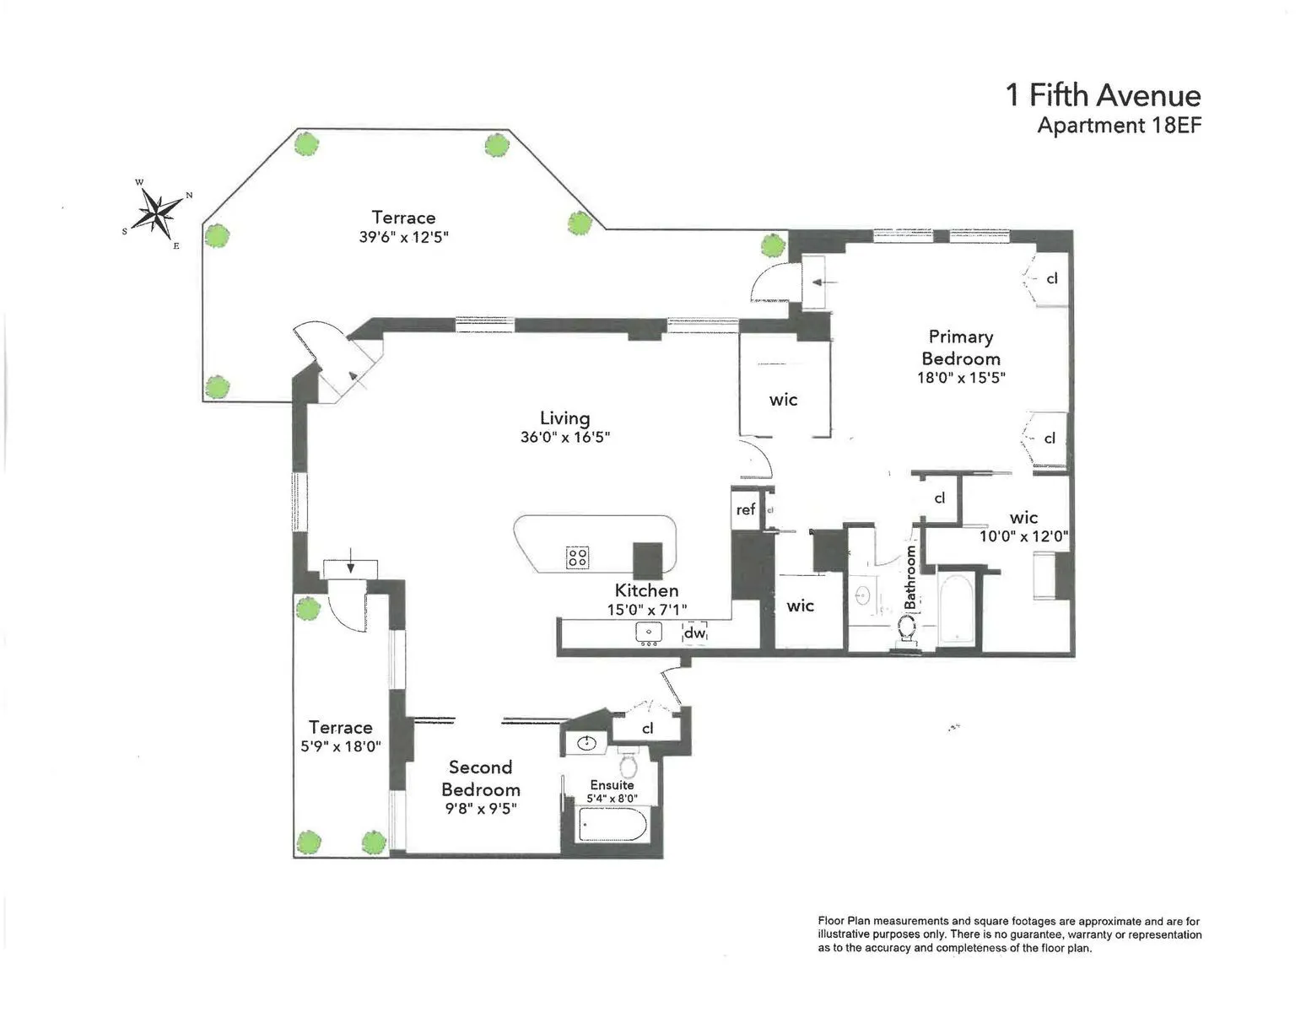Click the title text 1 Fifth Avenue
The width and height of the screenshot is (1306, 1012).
pos(1103,95)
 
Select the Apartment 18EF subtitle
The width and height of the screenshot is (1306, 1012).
pos(1119,126)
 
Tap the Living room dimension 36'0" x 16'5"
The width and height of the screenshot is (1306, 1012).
pos(564,438)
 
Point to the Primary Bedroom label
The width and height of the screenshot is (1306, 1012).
pos(961,347)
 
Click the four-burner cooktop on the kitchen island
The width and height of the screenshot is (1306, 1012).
pos(577,557)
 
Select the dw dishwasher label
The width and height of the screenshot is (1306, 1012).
pos(694,632)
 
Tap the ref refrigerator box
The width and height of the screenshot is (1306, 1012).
pos(746,509)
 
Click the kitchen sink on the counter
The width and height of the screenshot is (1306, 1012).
pos(649,632)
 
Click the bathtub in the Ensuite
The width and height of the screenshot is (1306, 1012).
pos(613,824)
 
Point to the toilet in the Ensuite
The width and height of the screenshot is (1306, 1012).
pos(628,765)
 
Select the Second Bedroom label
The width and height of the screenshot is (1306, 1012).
pos(481,778)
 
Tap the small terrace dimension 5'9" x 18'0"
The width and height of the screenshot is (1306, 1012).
pos(341,746)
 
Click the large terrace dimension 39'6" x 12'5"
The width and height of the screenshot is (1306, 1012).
pos(403,238)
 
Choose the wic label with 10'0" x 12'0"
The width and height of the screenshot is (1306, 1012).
pos(1023,536)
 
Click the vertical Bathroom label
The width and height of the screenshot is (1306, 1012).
pos(911,577)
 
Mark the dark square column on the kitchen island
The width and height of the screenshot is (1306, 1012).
pos(649,557)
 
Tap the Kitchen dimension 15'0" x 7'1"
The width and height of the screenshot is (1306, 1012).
pos(646,609)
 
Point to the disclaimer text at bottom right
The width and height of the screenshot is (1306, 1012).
pos(1009,934)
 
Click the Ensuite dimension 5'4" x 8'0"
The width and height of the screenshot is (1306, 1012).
pos(612,798)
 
